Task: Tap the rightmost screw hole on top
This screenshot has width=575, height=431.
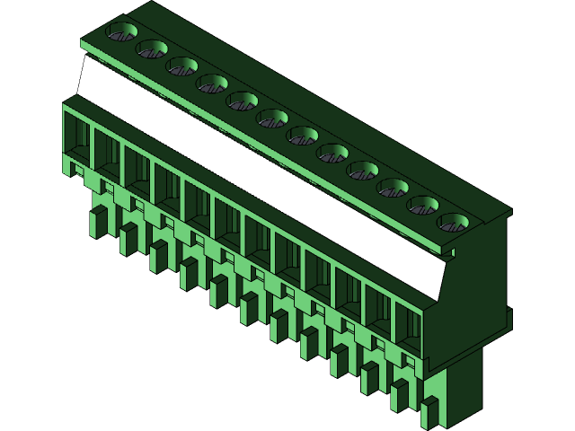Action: tap(453, 222)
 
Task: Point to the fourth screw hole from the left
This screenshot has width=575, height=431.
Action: tap(212, 84)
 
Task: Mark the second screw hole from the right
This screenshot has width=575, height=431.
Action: tap(423, 205)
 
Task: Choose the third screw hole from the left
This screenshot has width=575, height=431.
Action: tap(181, 66)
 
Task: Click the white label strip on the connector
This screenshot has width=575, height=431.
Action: tap(261, 171)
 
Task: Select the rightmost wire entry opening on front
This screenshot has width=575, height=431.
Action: tap(408, 330)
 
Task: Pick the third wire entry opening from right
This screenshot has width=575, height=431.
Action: tap(348, 296)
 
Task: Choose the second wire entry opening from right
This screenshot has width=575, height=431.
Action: tap(378, 314)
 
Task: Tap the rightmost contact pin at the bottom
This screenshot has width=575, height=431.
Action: tap(429, 412)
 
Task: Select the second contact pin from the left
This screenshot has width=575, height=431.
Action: tap(127, 240)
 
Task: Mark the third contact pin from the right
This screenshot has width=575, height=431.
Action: tap(369, 378)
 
